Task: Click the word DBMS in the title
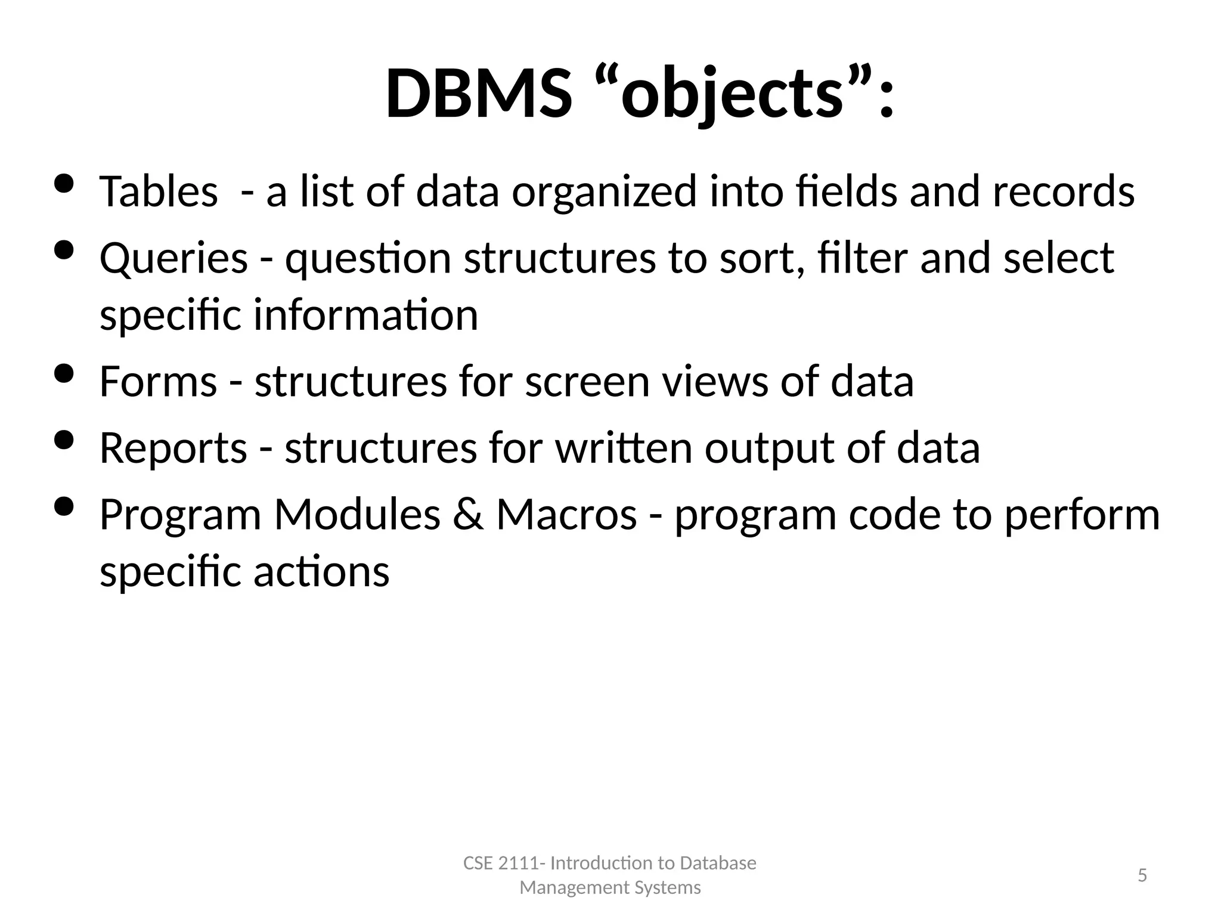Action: tap(478, 94)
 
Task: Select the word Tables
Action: tap(159, 191)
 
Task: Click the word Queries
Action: tap(173, 258)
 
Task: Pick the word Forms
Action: tap(158, 382)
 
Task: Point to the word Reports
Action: tap(173, 448)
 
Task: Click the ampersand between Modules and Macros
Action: tap(468, 515)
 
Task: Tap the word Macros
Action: tap(566, 515)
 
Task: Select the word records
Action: tap(1063, 191)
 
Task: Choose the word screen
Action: tap(587, 382)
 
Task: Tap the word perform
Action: tap(1082, 515)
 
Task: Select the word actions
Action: tap(321, 571)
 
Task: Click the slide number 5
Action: tap(1142, 875)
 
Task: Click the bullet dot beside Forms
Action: tap(63, 374)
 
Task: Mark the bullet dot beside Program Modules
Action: tap(63, 507)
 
